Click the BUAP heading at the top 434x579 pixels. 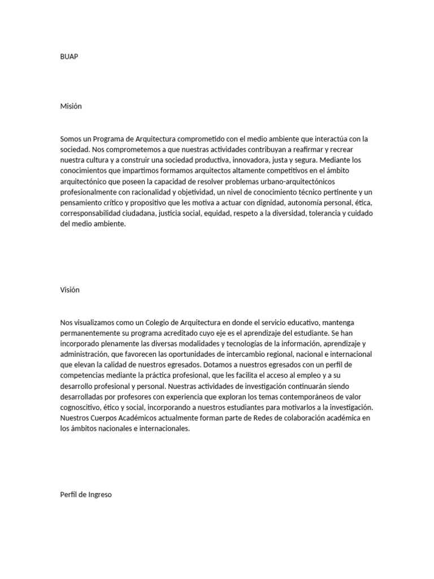69,57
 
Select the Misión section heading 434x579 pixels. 71,106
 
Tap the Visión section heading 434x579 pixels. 70,290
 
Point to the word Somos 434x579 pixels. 72,139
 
